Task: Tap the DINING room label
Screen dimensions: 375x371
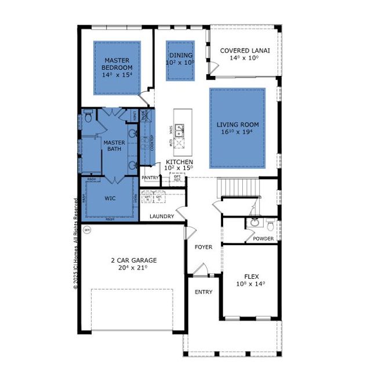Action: click(x=181, y=56)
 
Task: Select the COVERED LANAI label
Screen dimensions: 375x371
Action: click(x=243, y=51)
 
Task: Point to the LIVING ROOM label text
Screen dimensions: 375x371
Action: click(x=238, y=125)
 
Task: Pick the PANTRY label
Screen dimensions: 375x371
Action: click(x=150, y=178)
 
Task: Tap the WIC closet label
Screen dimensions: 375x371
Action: click(x=110, y=198)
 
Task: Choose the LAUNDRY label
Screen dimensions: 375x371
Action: click(x=162, y=217)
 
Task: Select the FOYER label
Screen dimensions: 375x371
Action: click(x=203, y=247)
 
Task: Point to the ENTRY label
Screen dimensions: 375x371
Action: click(x=203, y=292)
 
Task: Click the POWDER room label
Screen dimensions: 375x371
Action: click(x=263, y=238)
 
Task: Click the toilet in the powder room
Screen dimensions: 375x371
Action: click(x=270, y=224)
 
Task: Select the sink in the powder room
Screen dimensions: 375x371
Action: click(x=254, y=223)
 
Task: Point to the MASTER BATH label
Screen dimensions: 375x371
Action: click(x=114, y=145)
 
